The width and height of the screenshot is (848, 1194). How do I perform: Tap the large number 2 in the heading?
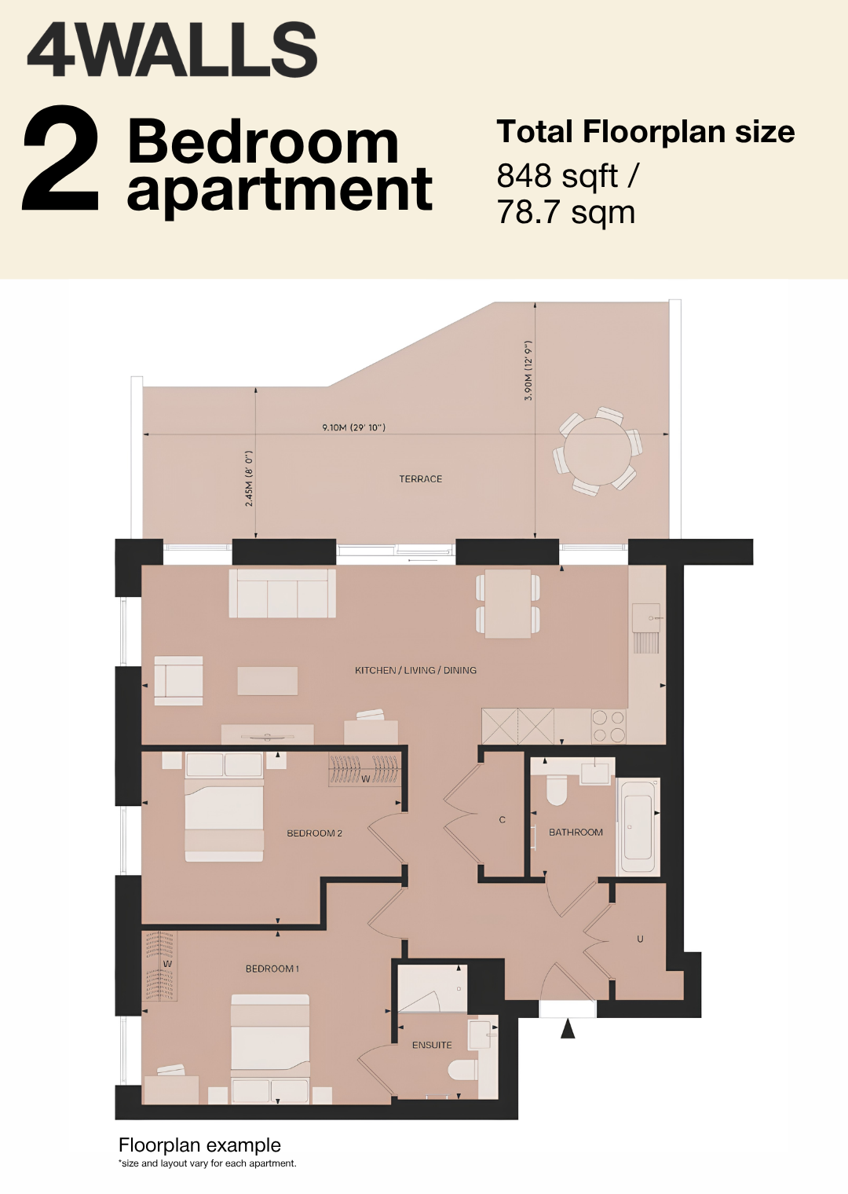[60, 158]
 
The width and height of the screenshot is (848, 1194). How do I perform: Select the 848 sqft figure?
[557, 176]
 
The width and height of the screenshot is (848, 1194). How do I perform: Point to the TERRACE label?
[420, 478]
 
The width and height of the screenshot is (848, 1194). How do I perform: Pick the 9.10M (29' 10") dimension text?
[353, 427]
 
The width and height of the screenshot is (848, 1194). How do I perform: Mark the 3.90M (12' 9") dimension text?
[528, 371]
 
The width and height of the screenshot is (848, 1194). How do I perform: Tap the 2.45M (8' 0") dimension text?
[249, 478]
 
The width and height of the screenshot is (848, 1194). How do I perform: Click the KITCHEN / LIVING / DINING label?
[415, 670]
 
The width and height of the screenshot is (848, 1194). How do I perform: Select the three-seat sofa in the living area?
[282, 593]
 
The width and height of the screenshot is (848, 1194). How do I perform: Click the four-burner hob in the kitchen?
[609, 726]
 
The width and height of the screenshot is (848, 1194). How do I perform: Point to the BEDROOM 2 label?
[314, 833]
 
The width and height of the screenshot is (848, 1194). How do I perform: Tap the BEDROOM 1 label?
[272, 969]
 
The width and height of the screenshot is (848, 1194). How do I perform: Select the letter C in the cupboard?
[502, 820]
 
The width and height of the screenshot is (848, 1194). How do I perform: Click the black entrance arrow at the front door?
[568, 1028]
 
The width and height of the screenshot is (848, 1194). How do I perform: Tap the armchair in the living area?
[178, 681]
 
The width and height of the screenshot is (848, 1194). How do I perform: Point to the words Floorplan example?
[199, 1145]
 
